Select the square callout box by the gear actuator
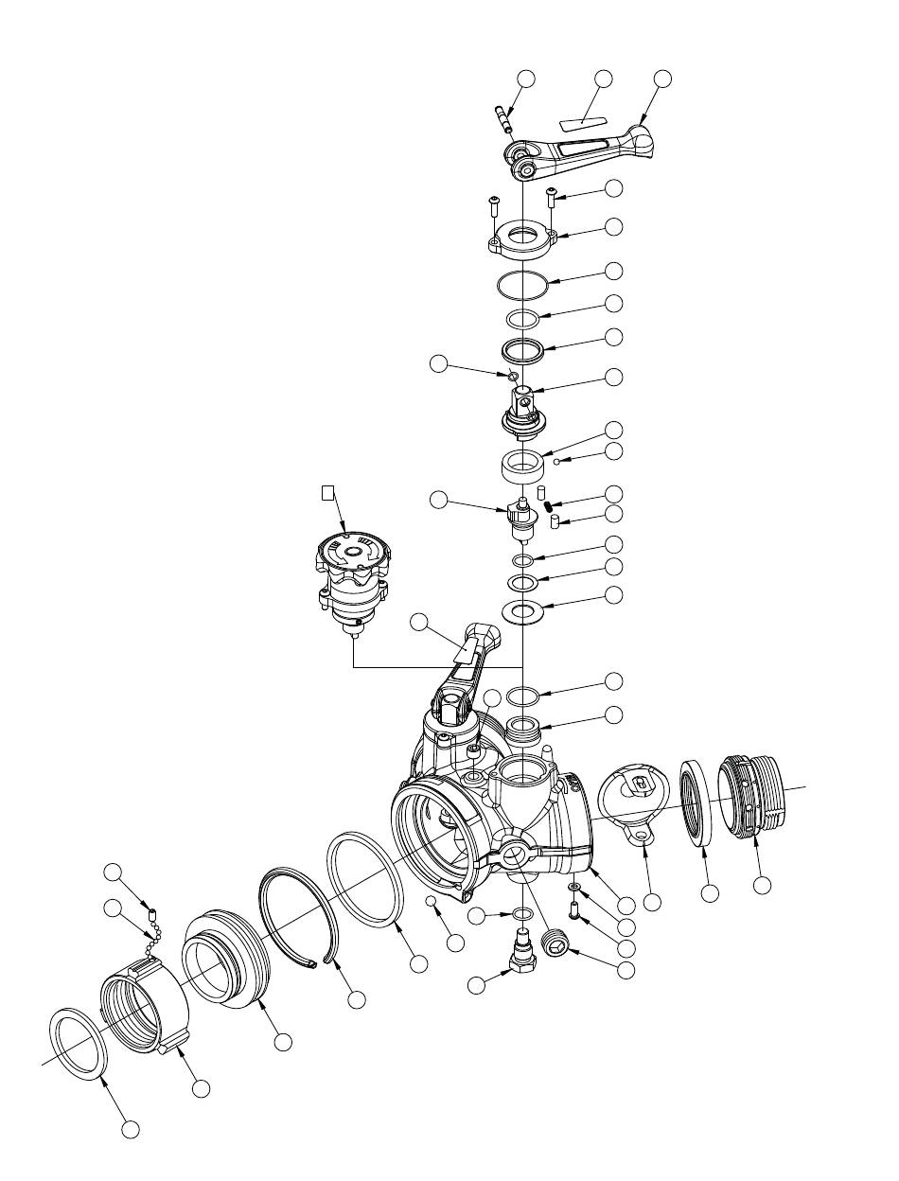[326, 492]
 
